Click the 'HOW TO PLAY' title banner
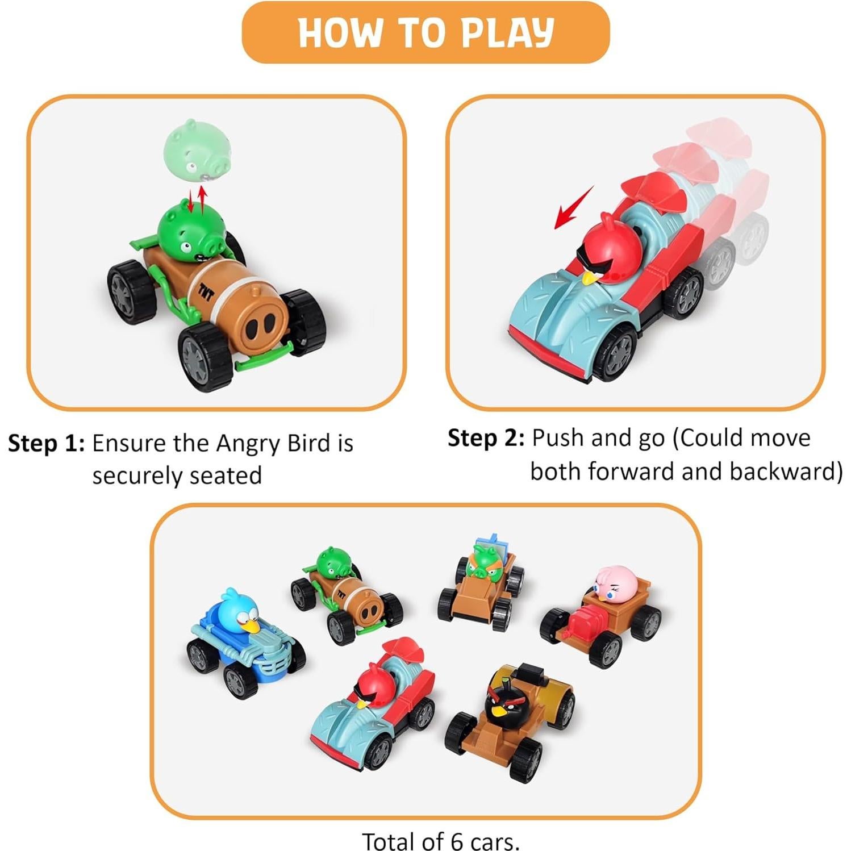coord(425,32)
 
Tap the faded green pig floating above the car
coord(197,149)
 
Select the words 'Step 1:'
coord(46,443)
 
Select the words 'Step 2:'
coord(486,438)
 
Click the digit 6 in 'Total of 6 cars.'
coord(456,841)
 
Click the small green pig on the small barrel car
coord(332,564)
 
